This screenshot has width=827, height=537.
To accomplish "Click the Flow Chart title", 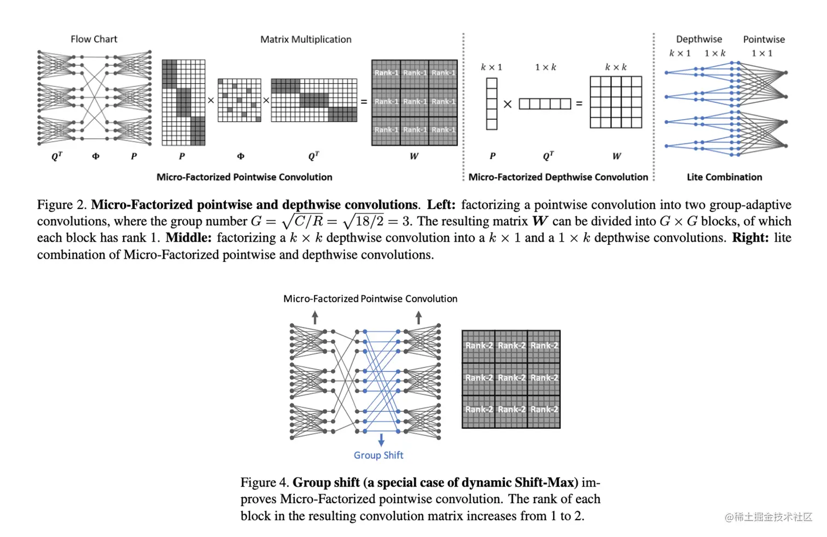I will point(94,39).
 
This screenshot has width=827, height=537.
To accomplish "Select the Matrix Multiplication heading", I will point(306,39).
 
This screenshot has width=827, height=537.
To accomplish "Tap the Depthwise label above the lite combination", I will point(698,39).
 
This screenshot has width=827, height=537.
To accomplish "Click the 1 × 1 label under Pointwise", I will point(761,53).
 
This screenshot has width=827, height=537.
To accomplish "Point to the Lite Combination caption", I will point(724,177).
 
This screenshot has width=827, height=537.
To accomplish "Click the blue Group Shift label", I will point(378,455).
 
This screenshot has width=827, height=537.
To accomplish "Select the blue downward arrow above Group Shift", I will point(381,440).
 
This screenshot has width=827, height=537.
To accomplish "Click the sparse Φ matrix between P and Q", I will point(240,100).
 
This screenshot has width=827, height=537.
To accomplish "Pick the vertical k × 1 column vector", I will point(492,103).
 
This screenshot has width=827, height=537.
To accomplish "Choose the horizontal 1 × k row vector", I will point(545,103).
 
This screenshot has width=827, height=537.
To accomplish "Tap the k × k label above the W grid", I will point(616,67).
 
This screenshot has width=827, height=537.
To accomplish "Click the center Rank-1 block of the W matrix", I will point(415,102).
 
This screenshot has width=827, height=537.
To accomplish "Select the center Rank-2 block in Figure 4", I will point(511,378).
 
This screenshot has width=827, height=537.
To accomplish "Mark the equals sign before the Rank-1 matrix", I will point(364,102).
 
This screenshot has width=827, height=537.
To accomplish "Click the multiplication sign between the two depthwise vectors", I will point(508,104).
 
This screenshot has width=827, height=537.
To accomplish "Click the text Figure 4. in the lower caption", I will point(264,482).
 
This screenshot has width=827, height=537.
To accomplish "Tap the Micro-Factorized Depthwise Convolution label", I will point(558,177).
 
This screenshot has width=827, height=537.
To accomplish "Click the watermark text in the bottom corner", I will point(768,517).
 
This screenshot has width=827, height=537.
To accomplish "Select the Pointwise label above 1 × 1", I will point(764,39).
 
